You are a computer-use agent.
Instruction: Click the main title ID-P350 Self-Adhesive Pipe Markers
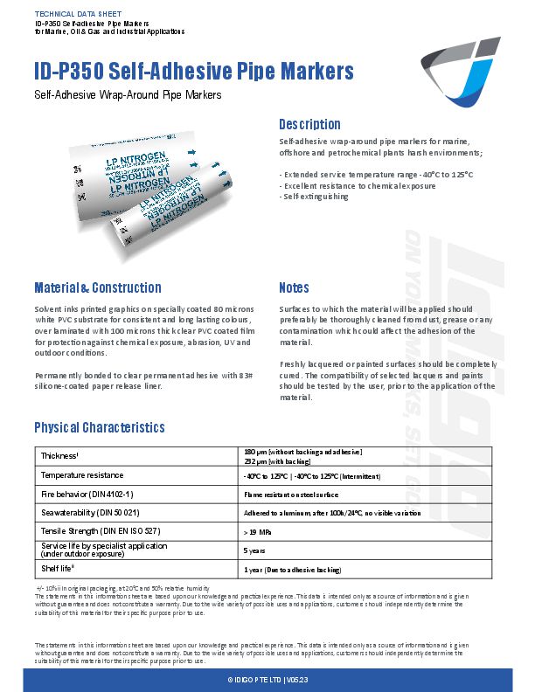[193, 71]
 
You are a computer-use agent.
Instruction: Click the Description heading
[309, 124]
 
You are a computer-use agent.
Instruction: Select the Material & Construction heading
[97, 287]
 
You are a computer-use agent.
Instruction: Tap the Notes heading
[294, 287]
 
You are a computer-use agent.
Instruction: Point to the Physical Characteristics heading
[99, 427]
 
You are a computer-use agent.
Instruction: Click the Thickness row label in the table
[59, 455]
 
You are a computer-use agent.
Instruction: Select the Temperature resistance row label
[80, 474]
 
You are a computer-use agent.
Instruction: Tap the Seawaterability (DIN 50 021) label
[90, 512]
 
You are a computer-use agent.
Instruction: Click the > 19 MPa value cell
[256, 531]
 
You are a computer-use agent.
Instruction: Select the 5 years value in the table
[254, 550]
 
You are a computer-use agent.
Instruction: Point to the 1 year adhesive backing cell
[291, 570]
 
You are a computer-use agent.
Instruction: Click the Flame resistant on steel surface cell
[288, 494]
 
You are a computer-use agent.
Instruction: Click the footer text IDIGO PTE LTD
[267, 680]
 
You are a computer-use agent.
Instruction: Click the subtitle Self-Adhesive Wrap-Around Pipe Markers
[128, 94]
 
